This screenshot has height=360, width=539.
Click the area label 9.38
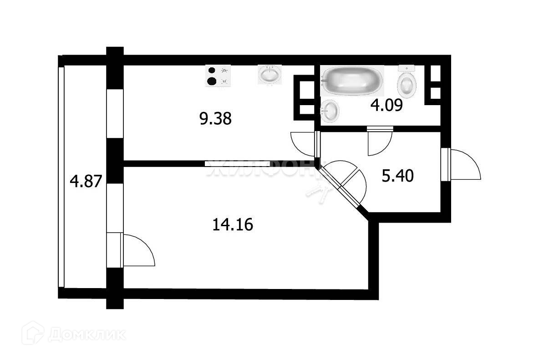click(x=215, y=119)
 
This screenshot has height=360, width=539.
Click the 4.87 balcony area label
click(x=85, y=182)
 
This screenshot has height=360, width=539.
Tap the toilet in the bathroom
click(x=407, y=82)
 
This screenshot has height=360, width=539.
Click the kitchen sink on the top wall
click(x=270, y=74)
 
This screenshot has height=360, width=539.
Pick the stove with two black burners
click(x=218, y=76)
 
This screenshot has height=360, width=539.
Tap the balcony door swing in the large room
click(x=138, y=250)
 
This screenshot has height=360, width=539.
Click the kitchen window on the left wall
click(x=114, y=114)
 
